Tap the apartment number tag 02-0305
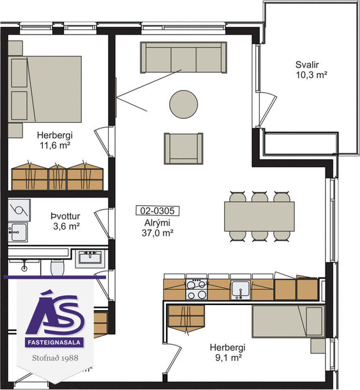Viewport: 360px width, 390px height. tap(157, 211)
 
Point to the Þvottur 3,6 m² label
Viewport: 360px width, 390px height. tap(65, 221)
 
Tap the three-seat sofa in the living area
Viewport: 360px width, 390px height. tap(183, 58)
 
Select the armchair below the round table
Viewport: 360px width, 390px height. tap(183, 148)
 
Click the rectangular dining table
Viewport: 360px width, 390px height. tap(259, 216)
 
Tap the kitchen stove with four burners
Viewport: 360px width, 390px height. tap(197, 289)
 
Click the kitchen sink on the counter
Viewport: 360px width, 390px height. tap(240, 289)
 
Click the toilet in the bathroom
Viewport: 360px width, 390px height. tap(58, 267)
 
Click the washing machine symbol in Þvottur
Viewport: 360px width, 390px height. tap(18, 209)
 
